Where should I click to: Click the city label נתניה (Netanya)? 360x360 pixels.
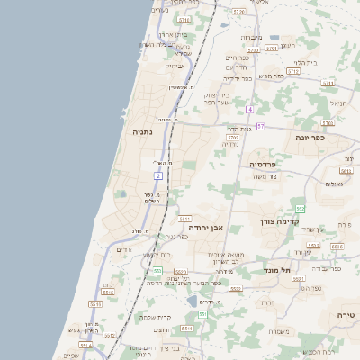pos(142,131)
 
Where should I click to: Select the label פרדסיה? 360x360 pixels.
pos(267,165)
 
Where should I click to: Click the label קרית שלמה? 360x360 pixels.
pos(156,317)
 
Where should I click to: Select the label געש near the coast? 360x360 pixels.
pos(91,330)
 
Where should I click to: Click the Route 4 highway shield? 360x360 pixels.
pos(249,109)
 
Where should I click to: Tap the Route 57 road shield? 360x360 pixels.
pos(260,127)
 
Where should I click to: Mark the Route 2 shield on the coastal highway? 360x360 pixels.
pos(157,175)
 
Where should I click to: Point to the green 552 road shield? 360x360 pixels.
pos(301,209)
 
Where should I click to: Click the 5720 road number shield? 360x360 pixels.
pos(238,12)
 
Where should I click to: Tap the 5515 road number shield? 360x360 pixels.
pos(109,292)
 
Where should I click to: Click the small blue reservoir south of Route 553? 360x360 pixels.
pos(191,301)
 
